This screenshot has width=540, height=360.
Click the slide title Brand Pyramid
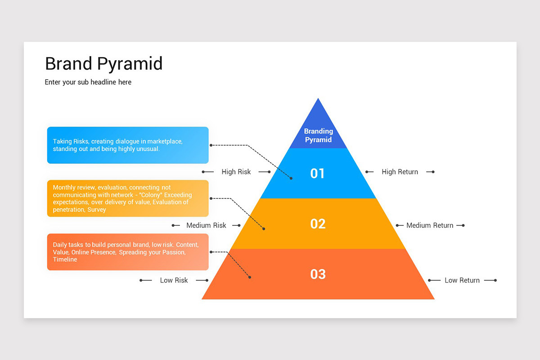pyautogui.click(x=103, y=63)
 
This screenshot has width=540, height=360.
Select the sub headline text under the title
pyautogui.click(x=88, y=82)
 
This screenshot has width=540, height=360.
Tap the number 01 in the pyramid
pyautogui.click(x=317, y=173)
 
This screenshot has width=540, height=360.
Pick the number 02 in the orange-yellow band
pyautogui.click(x=318, y=224)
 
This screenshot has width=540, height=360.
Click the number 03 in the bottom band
pyautogui.click(x=318, y=274)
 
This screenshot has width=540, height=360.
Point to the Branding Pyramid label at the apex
pyautogui.click(x=318, y=135)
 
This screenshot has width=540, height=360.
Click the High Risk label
pyautogui.click(x=236, y=172)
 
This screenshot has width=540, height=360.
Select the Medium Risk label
pyautogui.click(x=206, y=225)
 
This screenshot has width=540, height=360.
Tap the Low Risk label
pyautogui.click(x=174, y=280)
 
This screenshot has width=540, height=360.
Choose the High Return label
pyautogui.click(x=400, y=172)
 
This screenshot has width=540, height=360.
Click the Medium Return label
pyautogui.click(x=430, y=225)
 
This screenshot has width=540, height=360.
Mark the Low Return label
pyautogui.click(x=462, y=280)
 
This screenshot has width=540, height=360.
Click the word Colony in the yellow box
pyautogui.click(x=151, y=195)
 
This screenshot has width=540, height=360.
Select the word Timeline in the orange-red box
pyautogui.click(x=65, y=260)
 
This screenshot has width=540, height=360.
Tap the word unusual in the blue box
pyautogui.click(x=148, y=149)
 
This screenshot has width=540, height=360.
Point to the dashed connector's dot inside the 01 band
pyautogui.click(x=291, y=178)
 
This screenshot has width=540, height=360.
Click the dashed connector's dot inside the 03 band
pyautogui.click(x=250, y=277)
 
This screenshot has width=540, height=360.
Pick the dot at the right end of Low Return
pyautogui.click(x=495, y=280)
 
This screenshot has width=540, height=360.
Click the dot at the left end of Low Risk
pyautogui.click(x=141, y=280)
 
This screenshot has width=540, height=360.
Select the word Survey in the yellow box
pyautogui.click(x=97, y=210)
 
